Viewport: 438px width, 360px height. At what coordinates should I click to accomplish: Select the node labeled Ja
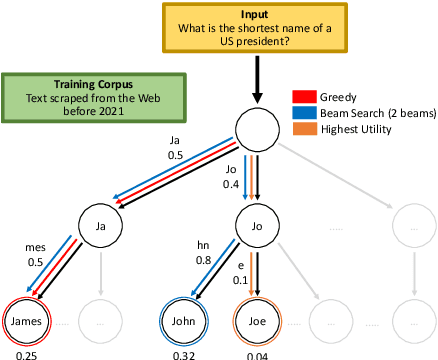pos(100,226)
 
